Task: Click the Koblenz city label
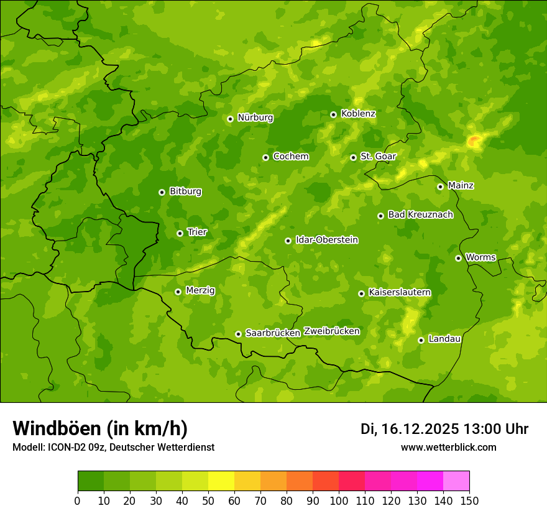[358, 114]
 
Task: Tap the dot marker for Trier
[180, 233]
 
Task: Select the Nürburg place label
[255, 117]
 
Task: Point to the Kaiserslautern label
[399, 292]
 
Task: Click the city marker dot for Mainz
[440, 187]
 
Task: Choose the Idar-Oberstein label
[326, 240]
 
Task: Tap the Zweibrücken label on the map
[331, 331]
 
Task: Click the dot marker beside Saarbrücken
[238, 334]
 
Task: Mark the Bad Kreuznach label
[420, 214]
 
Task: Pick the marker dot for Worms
[458, 258]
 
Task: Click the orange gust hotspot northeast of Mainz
[474, 141]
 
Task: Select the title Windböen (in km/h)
[99, 428]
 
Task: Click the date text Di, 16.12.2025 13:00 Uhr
[444, 429]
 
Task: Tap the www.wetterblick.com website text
[448, 448]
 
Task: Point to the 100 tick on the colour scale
[339, 501]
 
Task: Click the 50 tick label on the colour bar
[208, 501]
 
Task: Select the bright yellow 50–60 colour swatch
[221, 481]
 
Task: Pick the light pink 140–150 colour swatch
[456, 481]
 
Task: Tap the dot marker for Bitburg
[162, 192]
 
